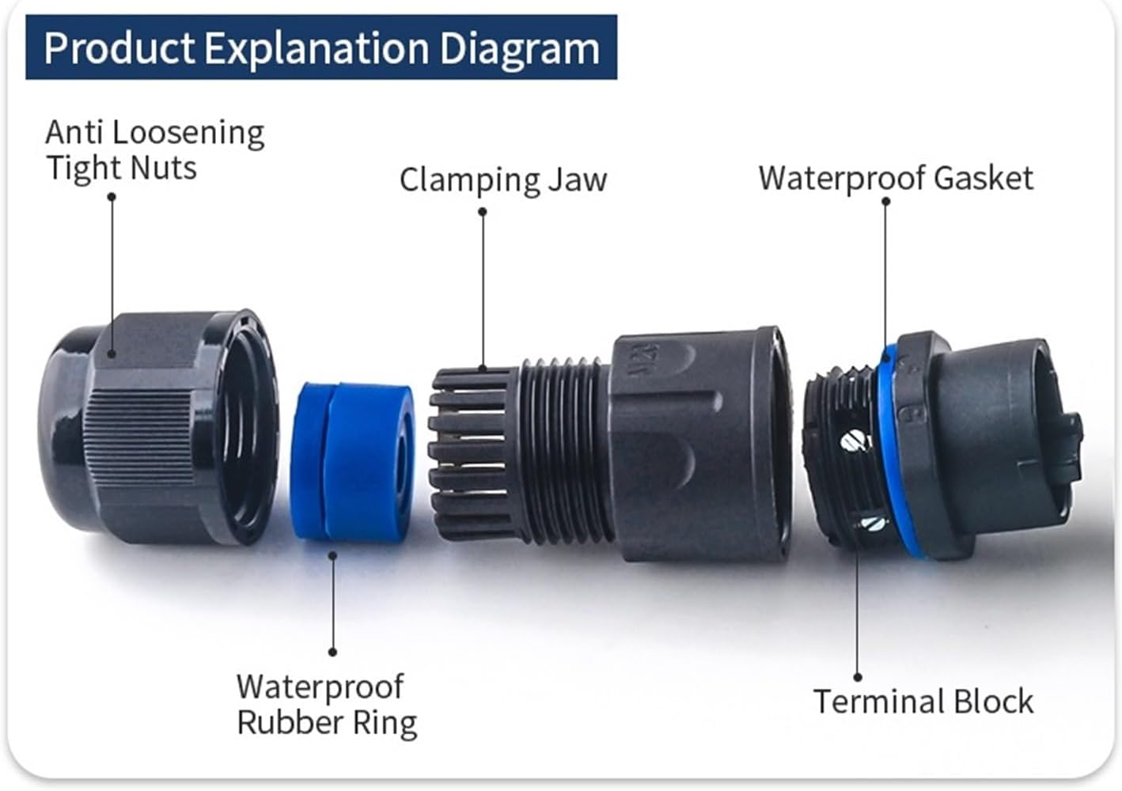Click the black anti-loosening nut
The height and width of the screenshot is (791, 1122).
pos(158,427)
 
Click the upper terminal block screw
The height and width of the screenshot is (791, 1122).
pos(852,440)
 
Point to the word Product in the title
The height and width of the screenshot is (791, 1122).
pos(119,48)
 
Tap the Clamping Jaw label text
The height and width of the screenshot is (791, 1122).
pos(503,180)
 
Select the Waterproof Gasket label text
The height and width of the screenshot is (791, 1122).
pos(896,178)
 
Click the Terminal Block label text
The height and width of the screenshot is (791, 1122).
pos(923,702)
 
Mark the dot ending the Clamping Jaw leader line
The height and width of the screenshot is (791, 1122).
pos(483,211)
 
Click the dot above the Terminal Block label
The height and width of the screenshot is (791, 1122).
pos(859,677)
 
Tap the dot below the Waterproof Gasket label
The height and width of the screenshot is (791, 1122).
pos(886,201)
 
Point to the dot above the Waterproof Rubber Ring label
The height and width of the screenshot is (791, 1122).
pos(332,652)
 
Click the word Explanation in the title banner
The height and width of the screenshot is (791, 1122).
pos(316,48)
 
